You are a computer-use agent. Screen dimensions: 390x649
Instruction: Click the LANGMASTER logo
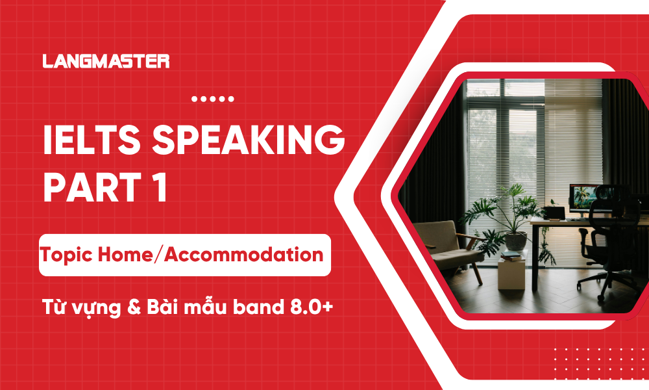point(106,62)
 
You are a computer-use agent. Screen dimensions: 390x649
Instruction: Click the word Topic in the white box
point(67,254)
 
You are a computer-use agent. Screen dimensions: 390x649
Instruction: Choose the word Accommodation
point(243,254)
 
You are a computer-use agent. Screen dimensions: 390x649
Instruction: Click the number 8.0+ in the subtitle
point(311,307)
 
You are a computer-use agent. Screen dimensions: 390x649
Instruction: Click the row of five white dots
point(214,99)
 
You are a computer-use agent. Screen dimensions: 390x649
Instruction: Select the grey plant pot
point(516,242)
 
